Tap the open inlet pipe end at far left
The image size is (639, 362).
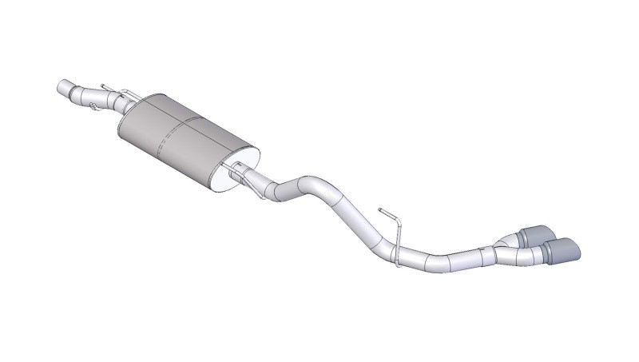(62, 86)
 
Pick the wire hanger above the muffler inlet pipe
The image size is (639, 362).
(112, 86)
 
